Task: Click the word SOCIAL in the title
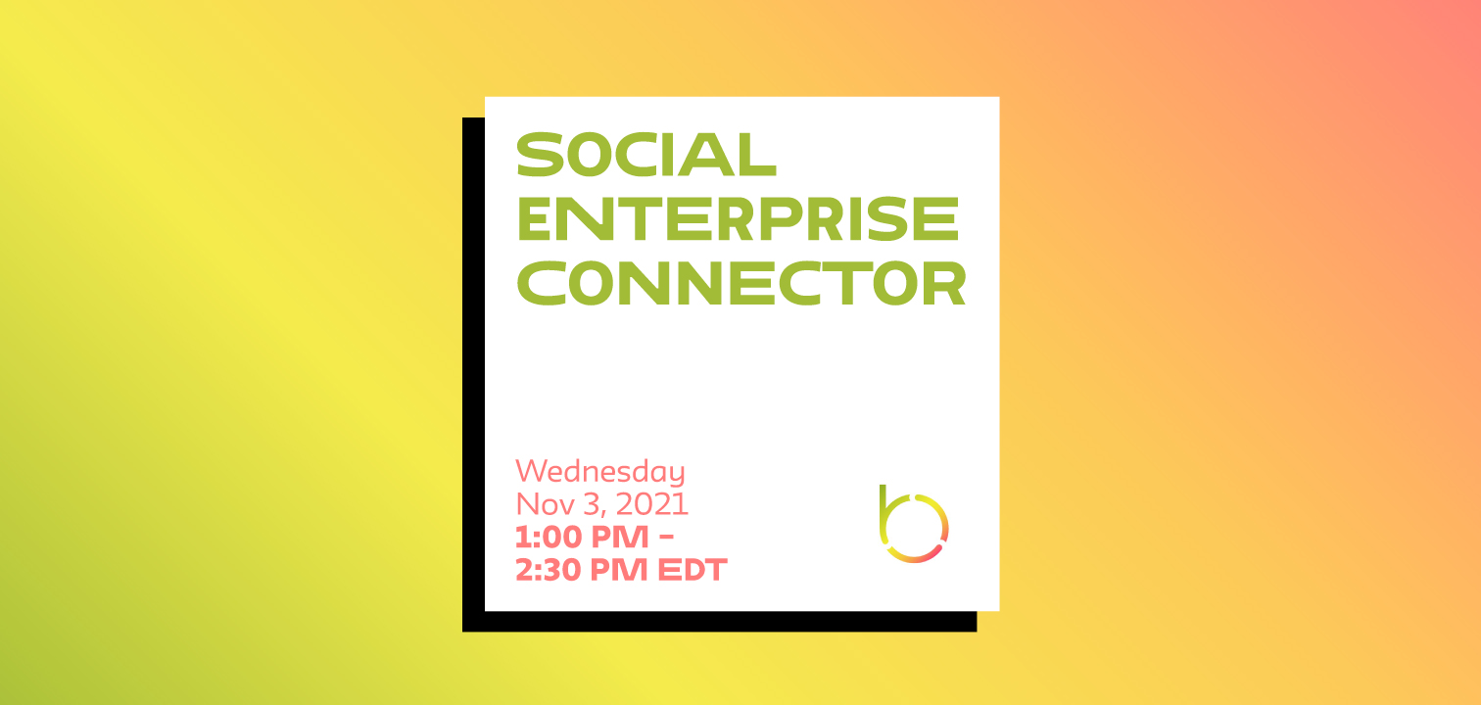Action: pos(646,155)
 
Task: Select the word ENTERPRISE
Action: pos(737,219)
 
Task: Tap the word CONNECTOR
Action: pos(741,284)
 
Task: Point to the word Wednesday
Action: pos(599,472)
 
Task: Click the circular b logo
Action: pos(913,525)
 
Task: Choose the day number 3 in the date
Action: pos(588,504)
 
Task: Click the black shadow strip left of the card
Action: pos(473,372)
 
